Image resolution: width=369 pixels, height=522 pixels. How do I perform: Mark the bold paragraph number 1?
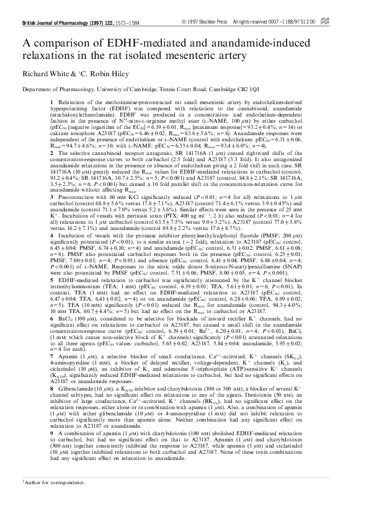(x=51, y=100)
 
